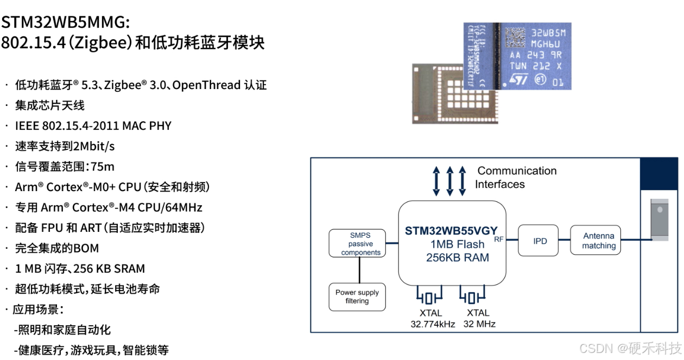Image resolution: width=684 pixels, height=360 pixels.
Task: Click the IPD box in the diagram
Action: pos(540,241)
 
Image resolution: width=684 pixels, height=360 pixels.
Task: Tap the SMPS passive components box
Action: pos(357,244)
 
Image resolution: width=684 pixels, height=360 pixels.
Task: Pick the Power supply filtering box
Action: pos(357,296)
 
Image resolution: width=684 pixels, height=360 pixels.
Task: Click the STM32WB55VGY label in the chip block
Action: pos(451,230)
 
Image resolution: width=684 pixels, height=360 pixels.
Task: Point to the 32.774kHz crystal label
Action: pos(433,324)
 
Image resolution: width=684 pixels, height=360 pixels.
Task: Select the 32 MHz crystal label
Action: pos(479,324)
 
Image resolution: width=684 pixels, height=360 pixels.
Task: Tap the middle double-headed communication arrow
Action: pos(449,181)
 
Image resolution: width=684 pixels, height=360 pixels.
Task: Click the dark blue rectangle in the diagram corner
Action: pos(660,174)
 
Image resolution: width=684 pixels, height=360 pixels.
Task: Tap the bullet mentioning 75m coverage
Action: pos(64,166)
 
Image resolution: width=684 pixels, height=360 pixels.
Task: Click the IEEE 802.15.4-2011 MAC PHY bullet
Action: pos(92,125)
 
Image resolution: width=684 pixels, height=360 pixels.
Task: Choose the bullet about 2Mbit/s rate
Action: pos(64,146)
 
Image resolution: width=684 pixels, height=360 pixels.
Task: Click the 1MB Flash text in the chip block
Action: pos(458,244)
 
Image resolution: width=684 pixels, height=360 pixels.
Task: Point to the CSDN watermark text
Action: pos(630,347)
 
